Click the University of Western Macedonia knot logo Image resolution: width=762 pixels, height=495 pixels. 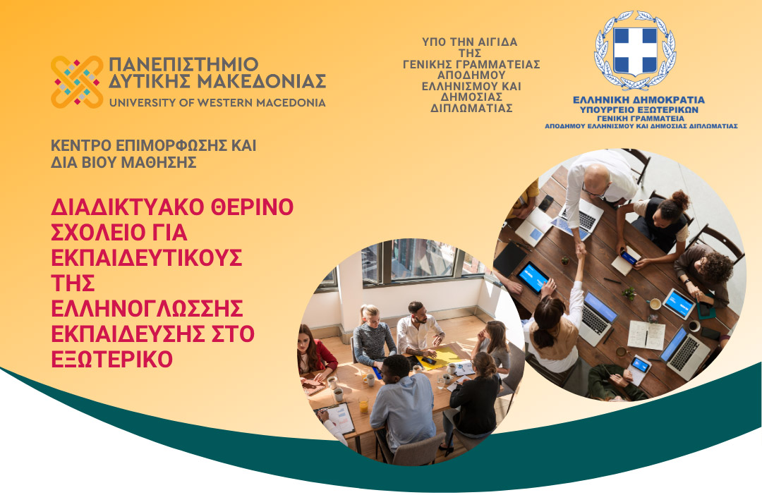tap(77, 82)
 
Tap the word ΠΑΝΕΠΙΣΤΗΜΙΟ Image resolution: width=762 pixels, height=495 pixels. tap(183, 65)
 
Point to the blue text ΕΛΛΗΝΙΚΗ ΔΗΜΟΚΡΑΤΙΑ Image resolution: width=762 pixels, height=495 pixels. tap(639, 100)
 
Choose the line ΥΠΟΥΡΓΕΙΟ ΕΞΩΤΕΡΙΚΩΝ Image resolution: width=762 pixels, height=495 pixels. tap(639, 110)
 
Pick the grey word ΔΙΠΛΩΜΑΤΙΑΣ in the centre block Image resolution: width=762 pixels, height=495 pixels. tap(471, 109)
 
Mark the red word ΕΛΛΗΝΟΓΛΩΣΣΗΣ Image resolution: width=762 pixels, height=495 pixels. tap(147, 308)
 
